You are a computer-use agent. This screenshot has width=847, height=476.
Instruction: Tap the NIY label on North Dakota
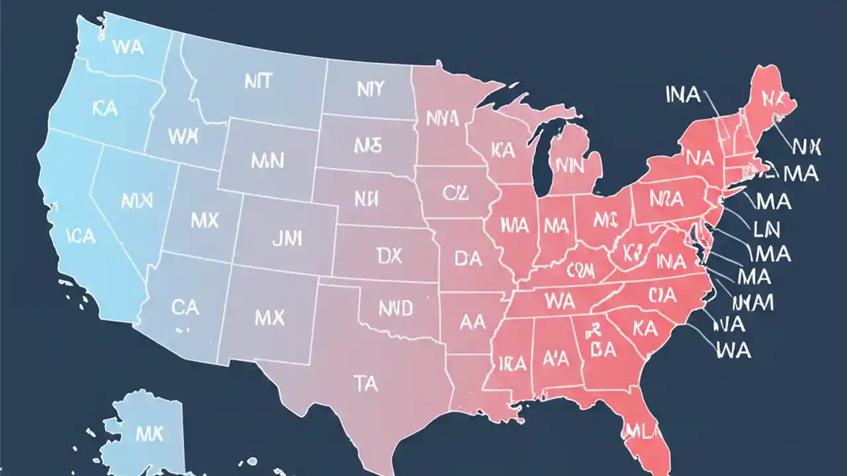(x=370, y=89)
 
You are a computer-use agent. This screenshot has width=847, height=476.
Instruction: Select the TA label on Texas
(x=366, y=383)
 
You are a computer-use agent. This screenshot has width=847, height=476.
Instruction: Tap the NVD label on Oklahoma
(x=396, y=307)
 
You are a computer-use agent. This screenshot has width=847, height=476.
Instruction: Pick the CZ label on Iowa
(x=455, y=194)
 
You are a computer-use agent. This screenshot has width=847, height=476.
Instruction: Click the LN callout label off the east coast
(x=767, y=229)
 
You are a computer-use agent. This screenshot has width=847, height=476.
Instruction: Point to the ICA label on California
(x=81, y=236)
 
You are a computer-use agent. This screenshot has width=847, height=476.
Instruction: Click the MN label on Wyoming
(x=268, y=159)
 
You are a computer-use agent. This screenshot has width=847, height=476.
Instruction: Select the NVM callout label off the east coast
(x=754, y=302)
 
